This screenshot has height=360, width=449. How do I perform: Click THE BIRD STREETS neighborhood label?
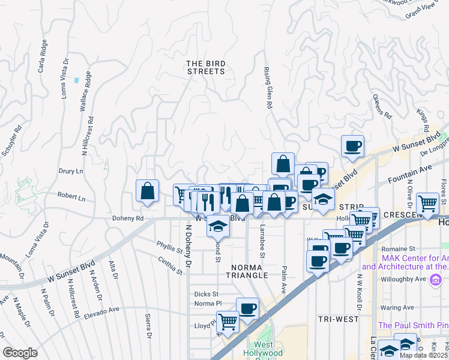pos(205,67)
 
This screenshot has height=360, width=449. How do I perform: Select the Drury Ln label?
pos(71,171)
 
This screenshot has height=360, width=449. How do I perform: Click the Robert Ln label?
pos(71,196)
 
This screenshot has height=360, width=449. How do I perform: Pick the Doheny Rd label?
pos(127,218)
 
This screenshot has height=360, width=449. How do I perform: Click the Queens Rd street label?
pos(382,106)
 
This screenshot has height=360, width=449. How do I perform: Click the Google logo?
pos(20,353)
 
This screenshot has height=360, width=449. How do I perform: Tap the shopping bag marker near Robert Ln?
pos(147,191)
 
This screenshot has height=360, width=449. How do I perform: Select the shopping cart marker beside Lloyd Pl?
pos(228,322)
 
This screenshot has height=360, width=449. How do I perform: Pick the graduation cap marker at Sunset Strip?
pos(323,200)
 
